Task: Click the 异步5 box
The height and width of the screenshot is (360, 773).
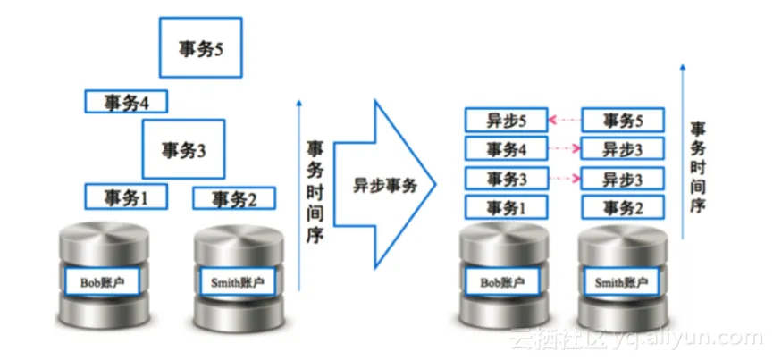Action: (x=505, y=120)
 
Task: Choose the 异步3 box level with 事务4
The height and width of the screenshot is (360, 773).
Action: (x=623, y=148)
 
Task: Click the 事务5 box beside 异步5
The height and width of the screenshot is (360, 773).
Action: (x=623, y=120)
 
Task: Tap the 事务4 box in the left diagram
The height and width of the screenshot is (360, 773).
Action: (x=126, y=101)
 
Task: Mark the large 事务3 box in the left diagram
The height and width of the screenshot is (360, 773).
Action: (x=183, y=149)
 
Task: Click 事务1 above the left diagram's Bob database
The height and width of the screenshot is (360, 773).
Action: (x=126, y=196)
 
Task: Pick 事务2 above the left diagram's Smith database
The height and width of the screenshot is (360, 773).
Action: (x=234, y=198)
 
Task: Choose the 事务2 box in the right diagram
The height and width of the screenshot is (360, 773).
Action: (x=623, y=207)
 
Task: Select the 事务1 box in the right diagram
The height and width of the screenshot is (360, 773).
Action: (x=505, y=207)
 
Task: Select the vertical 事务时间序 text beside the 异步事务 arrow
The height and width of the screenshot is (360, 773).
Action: (x=315, y=191)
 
